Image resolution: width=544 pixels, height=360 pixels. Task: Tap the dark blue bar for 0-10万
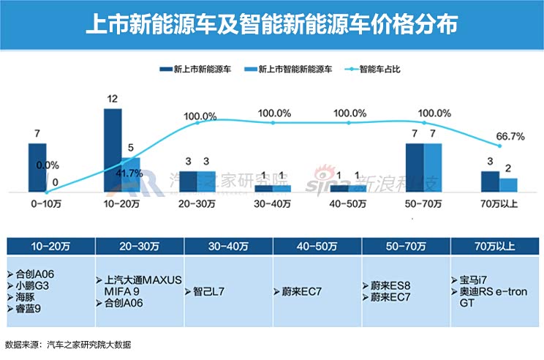click(37, 168)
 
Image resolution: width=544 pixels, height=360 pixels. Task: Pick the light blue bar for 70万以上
click(508, 185)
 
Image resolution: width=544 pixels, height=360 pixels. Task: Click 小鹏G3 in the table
click(31, 285)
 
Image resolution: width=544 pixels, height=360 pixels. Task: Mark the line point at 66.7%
click(499, 146)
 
